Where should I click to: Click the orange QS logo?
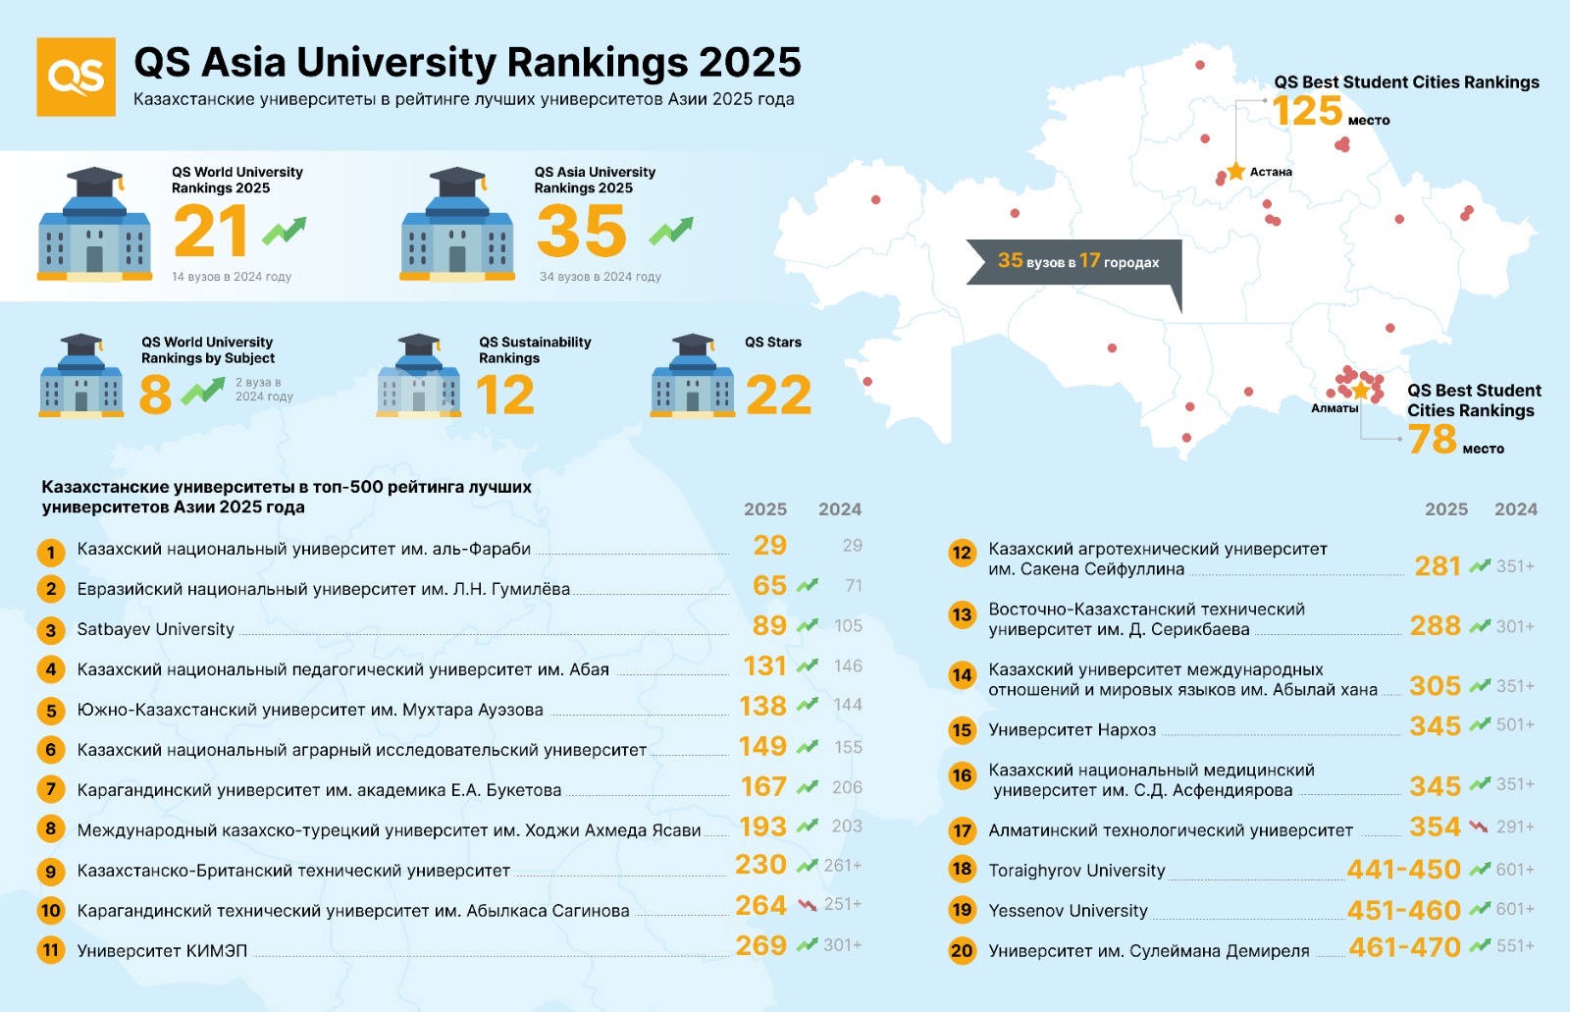[76, 77]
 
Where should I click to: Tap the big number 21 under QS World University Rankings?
[210, 232]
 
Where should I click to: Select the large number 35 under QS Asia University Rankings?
[581, 232]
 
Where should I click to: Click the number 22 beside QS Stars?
[778, 396]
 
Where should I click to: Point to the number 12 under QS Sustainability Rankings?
[505, 396]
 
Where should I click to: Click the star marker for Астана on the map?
[1235, 172]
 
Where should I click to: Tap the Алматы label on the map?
[1334, 408]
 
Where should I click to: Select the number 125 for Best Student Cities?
[1307, 111]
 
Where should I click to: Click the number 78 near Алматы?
[1432, 440]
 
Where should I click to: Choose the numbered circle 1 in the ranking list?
[51, 553]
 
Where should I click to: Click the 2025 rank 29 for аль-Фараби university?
[769, 546]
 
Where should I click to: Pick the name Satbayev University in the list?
[156, 629]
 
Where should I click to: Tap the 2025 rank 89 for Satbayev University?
[769, 626]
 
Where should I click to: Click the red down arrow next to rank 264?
[808, 905]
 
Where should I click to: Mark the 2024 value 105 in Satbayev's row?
[848, 626]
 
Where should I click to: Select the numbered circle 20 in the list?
[962, 950]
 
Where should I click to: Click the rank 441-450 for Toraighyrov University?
[1403, 870]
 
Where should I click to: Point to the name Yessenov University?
[1068, 911]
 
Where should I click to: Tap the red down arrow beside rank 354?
[1479, 826]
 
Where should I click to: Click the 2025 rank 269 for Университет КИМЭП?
[761, 946]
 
